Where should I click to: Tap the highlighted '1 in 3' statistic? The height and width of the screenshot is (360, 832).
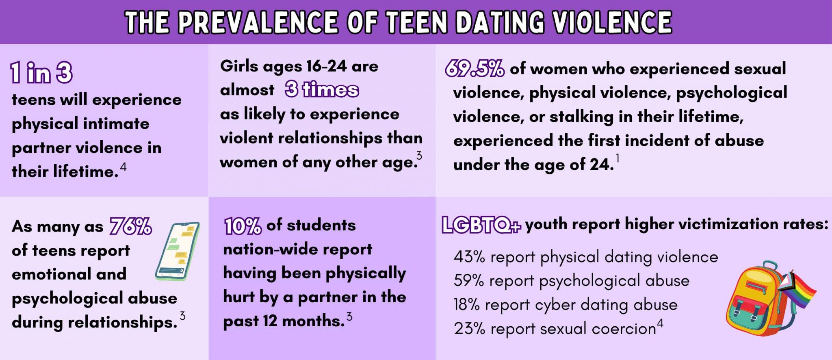(41, 73)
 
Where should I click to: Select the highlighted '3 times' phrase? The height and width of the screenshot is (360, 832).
(322, 89)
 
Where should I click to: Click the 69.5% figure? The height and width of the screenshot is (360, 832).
(474, 68)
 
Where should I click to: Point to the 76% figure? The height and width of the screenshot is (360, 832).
(131, 226)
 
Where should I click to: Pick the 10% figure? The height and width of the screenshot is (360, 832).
(243, 226)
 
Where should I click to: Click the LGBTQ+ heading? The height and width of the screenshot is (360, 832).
(481, 225)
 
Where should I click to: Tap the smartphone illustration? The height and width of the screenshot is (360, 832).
(178, 251)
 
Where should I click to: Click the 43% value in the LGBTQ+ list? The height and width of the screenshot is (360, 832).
(469, 257)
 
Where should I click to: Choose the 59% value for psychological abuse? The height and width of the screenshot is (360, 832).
(469, 281)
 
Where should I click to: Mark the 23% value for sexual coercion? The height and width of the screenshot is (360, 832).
(469, 329)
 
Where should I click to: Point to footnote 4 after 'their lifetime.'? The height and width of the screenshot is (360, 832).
(123, 167)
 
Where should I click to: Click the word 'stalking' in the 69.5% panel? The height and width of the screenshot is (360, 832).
(581, 117)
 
